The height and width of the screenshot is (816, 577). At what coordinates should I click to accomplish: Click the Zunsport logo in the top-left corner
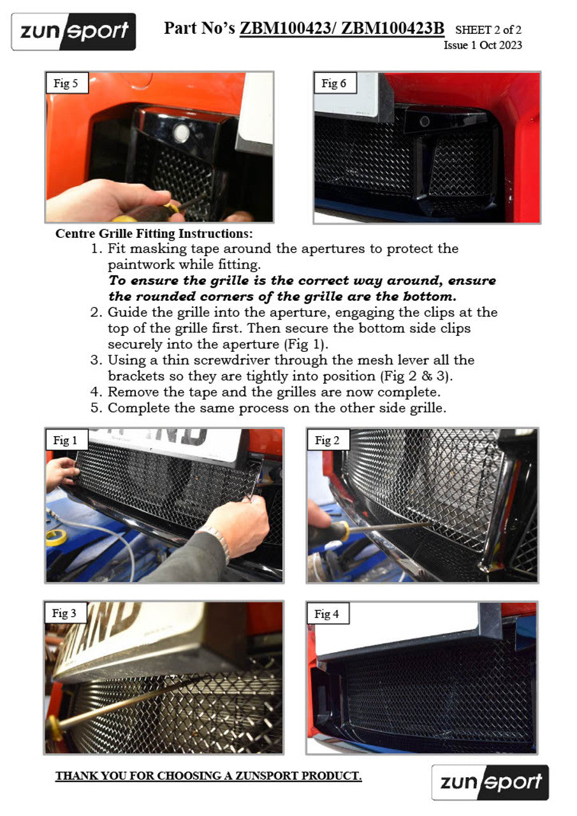73,32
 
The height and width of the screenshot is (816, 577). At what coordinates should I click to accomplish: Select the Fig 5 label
67,83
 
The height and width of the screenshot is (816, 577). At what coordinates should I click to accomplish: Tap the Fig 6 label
334,83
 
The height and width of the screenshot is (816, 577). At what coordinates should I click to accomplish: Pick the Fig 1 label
66,440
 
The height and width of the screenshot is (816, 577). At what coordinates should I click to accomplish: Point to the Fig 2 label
328,440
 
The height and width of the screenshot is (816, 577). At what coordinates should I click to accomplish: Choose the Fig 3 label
65,613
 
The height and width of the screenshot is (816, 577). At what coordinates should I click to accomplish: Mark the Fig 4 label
327,614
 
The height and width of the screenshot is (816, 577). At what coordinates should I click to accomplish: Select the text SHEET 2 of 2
488,29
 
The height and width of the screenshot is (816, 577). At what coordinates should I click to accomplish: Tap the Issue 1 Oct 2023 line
483,45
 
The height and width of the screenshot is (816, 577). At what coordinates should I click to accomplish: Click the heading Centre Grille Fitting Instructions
154,233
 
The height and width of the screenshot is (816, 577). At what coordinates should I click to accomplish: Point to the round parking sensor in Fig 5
181,133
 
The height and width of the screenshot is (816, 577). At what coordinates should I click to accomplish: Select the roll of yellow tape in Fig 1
57,538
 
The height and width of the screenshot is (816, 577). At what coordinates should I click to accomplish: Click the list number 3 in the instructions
96,360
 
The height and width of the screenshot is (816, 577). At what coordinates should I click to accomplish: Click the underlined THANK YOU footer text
208,776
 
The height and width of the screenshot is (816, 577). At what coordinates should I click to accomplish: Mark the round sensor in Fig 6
425,122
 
